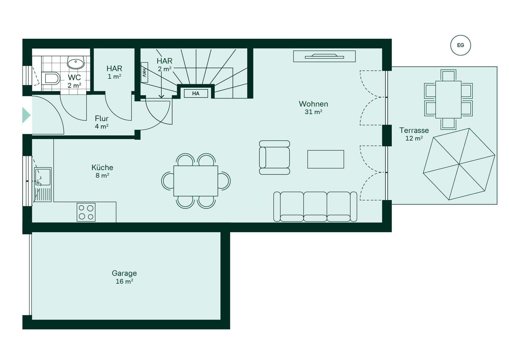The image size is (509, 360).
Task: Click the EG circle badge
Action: (x=461, y=45)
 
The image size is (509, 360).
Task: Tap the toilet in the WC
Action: (x=51, y=78)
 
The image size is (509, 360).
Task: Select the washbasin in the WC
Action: (x=76, y=62)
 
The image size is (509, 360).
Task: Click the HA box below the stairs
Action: (x=196, y=93)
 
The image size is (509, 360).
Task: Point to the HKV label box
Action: (x=144, y=72)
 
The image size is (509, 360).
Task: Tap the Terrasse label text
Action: (x=414, y=130)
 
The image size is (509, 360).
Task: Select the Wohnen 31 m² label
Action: (x=313, y=108)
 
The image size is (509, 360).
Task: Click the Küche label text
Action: (x=102, y=168)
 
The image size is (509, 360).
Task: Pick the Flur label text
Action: (x=102, y=118)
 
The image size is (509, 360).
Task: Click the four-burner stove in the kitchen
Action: (x=86, y=212)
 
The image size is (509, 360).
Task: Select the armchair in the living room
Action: (x=275, y=158)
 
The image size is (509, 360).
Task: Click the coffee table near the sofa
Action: (x=326, y=159)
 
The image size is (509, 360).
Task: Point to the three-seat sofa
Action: (x=315, y=207)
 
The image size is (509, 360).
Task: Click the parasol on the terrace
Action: (x=459, y=164)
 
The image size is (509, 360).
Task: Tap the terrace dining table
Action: (x=448, y=100)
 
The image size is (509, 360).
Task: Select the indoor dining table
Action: (x=196, y=181)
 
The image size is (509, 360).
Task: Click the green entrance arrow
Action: (x=26, y=115)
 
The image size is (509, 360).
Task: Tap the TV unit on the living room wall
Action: (x=324, y=56)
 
